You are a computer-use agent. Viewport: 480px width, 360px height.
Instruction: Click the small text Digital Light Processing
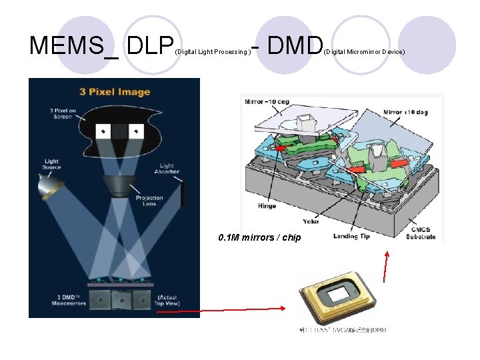(212, 51)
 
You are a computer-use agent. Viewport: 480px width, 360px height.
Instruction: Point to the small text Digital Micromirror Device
(365, 51)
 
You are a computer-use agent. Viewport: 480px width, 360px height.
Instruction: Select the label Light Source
(51, 164)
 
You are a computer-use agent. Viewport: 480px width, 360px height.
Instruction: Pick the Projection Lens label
(149, 201)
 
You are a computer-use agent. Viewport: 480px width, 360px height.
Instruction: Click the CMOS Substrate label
(421, 233)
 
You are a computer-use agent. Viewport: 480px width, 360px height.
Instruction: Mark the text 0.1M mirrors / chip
(259, 238)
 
